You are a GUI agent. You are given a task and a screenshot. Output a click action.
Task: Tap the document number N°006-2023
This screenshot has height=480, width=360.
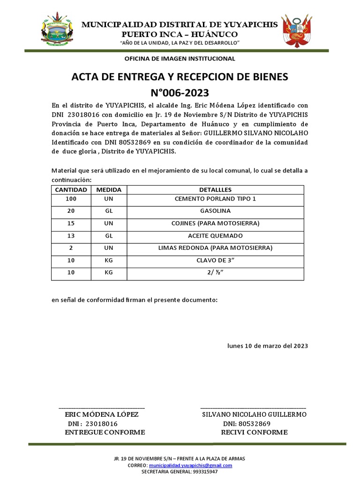[x=180, y=92]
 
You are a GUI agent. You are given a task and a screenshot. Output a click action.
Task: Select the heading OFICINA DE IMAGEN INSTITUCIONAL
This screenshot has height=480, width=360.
[x=180, y=59]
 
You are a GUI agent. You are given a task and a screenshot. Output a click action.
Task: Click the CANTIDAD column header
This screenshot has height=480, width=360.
[x=71, y=190]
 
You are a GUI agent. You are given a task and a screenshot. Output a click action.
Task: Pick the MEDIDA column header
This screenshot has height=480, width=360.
[x=109, y=190]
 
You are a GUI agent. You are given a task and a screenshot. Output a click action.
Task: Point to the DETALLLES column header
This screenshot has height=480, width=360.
[x=215, y=190]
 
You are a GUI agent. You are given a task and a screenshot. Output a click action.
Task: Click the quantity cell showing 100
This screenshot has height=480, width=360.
[x=71, y=199]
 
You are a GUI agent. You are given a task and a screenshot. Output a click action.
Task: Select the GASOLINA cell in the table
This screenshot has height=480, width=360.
[x=215, y=211]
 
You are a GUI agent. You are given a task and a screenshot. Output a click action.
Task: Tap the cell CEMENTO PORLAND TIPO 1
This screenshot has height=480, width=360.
[x=215, y=199]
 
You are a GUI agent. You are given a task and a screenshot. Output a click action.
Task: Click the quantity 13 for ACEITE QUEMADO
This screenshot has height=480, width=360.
[x=71, y=235]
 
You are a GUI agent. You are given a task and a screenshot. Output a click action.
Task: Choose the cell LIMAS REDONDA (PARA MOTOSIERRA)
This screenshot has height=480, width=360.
[x=215, y=247]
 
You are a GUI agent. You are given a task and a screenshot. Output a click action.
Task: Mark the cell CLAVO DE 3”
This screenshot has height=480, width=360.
[x=215, y=260]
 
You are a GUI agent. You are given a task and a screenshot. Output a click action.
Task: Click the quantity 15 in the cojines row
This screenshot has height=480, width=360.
[x=71, y=223]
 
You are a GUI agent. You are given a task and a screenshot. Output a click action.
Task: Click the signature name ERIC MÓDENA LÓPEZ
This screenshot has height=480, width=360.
[x=101, y=415]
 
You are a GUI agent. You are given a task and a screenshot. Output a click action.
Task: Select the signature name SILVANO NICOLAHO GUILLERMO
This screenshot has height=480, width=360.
[x=254, y=415]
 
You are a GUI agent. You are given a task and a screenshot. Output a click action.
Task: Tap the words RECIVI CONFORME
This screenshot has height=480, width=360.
[x=254, y=432]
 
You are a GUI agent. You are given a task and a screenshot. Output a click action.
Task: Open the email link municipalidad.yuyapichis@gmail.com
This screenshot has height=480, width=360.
[x=190, y=465]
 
